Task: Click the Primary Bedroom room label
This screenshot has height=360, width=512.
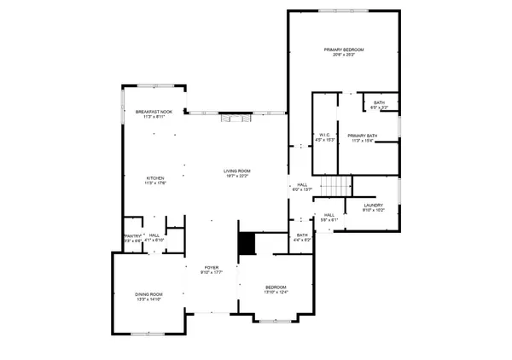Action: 344,50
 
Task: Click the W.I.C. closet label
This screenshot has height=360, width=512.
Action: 324,134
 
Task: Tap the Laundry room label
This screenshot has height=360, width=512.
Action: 372,205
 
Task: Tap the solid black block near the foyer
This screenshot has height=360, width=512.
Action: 247,244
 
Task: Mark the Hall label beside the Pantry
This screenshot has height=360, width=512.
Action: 154,235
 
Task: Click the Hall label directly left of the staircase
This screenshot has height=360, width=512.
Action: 302,184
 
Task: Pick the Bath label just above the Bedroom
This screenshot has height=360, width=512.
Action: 302,235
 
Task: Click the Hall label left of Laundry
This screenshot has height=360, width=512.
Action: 329,215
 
